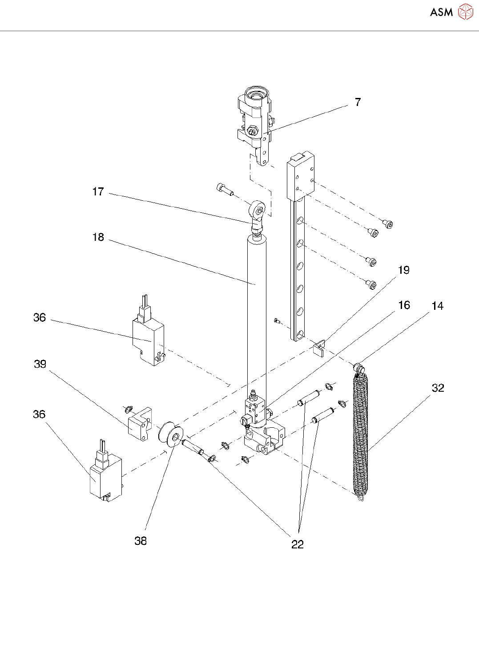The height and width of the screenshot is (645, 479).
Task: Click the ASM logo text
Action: pos(441,12)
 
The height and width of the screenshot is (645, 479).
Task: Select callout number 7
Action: pos(358,102)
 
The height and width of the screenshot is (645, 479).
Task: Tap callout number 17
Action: pos(98,192)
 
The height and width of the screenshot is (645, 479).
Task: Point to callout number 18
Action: pos(98,237)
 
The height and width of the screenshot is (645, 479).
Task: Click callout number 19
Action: pos(404,270)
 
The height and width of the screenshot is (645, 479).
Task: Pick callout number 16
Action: pos(404,305)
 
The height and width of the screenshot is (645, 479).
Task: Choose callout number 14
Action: pos(438,306)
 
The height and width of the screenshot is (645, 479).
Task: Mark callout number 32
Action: pos(438,388)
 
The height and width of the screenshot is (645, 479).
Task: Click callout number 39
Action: pos(40,364)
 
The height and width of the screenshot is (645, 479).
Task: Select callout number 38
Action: pos(141,541)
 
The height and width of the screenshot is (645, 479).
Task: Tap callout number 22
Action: pos(298,544)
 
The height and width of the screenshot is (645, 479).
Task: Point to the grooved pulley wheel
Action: pos(170,436)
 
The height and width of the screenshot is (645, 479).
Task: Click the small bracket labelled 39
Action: pos(140,424)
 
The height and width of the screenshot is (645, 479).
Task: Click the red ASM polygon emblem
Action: pos(465,12)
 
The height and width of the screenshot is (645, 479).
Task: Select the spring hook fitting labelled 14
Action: pos(359,368)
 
